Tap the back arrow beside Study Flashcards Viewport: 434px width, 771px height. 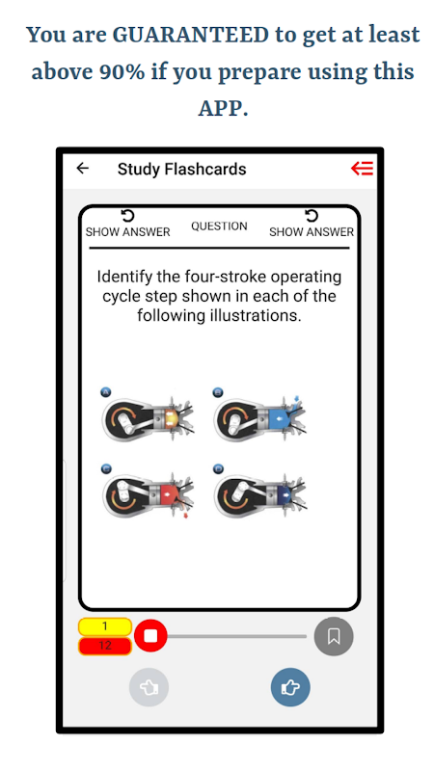(x=83, y=169)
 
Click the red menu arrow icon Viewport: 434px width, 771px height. (x=362, y=169)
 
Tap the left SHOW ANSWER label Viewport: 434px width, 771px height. (x=128, y=232)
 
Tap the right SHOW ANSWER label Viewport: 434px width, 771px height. (x=312, y=232)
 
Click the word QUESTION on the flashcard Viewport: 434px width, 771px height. (x=220, y=226)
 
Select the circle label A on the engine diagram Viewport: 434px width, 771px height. (x=106, y=392)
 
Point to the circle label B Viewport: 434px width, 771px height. (x=218, y=392)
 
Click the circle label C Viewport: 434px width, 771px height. (x=106, y=469)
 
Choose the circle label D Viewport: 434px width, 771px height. (x=218, y=469)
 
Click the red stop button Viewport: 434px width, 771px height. (x=150, y=636)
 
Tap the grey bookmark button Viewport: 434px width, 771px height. (x=334, y=636)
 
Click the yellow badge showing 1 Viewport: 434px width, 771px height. (x=105, y=626)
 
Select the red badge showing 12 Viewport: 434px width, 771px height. (x=105, y=646)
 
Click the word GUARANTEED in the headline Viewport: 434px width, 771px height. (x=190, y=35)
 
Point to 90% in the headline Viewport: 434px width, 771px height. (x=122, y=72)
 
